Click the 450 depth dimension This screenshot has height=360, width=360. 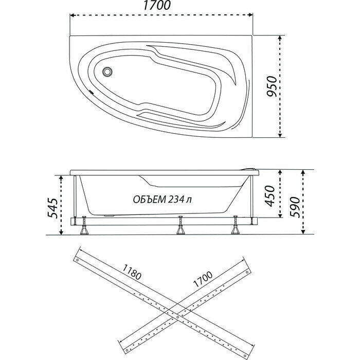pos(271,194)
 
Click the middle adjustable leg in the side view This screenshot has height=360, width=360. pos(181,226)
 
